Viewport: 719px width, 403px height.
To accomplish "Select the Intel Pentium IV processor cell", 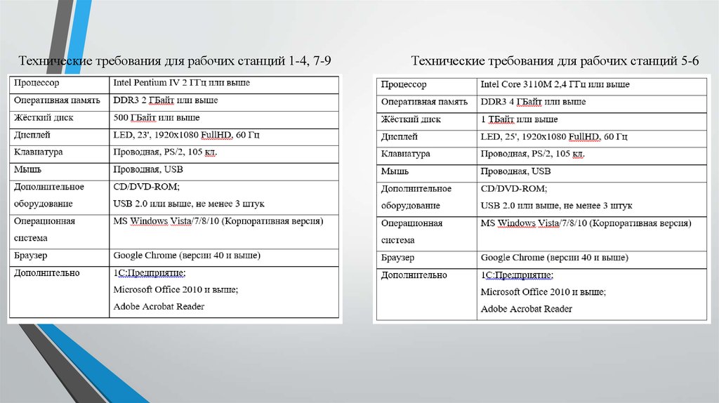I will click(181, 83).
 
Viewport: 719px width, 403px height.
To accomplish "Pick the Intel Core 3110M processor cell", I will click(555, 84).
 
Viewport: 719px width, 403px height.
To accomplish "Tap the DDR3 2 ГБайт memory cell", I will click(165, 100).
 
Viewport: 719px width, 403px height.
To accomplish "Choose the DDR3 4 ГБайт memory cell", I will click(532, 102).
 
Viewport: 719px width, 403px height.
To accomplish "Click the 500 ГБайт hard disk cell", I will click(156, 117).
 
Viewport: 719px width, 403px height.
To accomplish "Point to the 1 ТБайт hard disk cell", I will click(519, 119).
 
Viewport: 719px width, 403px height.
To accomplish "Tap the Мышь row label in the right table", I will click(395, 171).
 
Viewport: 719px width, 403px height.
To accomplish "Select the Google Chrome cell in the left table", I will click(187, 255).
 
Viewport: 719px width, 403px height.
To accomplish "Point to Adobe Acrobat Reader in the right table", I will click(526, 309).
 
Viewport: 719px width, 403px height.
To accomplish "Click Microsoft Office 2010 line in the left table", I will click(176, 289).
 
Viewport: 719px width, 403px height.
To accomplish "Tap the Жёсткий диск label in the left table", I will click(44, 117).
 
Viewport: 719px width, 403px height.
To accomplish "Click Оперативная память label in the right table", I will click(424, 102).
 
